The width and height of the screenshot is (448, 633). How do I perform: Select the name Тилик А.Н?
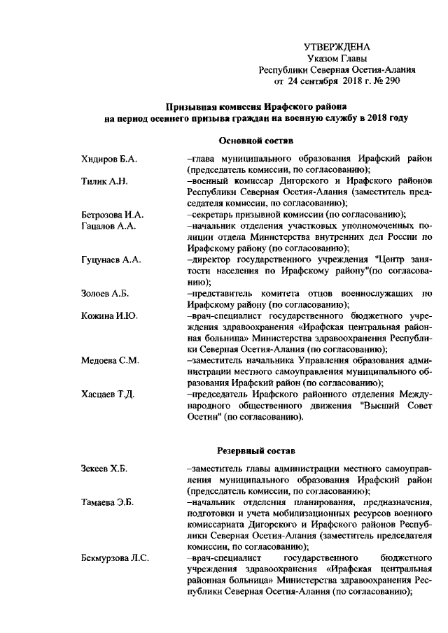(103, 180)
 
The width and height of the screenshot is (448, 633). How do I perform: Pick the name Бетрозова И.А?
(112, 214)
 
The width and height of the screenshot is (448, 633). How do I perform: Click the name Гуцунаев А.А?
(111, 259)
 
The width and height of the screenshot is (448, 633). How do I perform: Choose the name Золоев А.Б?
(106, 293)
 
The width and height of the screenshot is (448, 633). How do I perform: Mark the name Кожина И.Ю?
(108, 315)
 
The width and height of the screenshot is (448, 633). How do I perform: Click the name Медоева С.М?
(110, 360)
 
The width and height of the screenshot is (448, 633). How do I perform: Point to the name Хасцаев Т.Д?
(107, 394)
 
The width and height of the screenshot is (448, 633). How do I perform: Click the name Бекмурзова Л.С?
(115, 558)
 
